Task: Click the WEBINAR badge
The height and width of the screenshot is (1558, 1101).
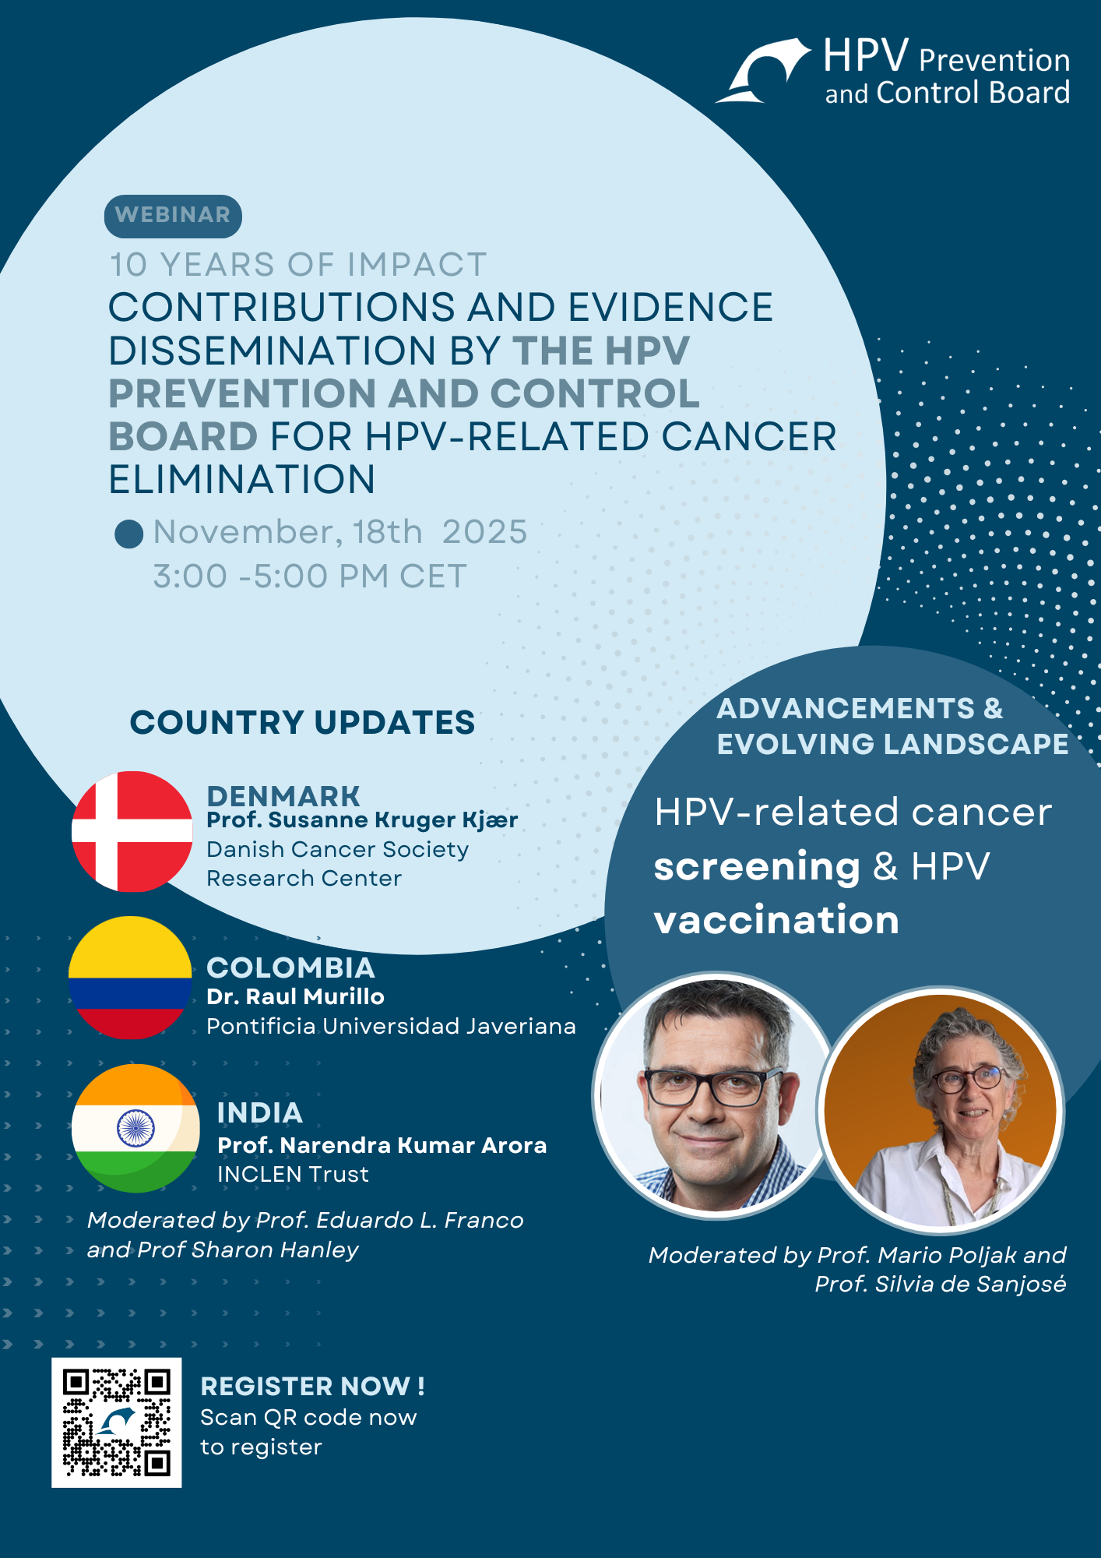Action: click(x=173, y=216)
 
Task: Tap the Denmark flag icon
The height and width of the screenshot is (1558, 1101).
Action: click(x=132, y=831)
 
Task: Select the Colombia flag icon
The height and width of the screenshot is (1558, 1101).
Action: click(x=130, y=978)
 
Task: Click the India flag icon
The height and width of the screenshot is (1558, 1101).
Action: click(x=135, y=1128)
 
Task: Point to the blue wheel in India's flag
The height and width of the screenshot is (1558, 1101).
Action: click(x=135, y=1128)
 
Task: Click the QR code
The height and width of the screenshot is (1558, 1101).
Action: click(x=117, y=1422)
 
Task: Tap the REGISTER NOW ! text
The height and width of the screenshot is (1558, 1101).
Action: click(x=312, y=1387)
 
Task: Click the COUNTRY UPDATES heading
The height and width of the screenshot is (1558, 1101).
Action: click(x=302, y=722)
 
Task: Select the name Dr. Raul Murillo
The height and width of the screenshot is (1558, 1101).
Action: click(x=295, y=996)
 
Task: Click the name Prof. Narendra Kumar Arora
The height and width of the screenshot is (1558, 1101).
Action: click(x=382, y=1145)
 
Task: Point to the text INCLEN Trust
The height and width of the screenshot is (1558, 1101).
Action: click(x=293, y=1174)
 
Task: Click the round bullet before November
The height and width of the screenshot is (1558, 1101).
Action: click(x=128, y=534)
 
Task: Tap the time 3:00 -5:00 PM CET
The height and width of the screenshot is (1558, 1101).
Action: click(x=310, y=576)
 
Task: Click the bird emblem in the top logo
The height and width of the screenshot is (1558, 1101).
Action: click(x=763, y=70)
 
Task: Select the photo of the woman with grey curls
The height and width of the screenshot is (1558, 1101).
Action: click(x=941, y=1110)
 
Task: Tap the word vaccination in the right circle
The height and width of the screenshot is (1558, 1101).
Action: click(x=776, y=920)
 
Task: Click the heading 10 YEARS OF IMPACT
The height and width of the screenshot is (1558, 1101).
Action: click(x=298, y=265)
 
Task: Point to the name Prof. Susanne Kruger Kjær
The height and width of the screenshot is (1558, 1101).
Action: click(x=362, y=820)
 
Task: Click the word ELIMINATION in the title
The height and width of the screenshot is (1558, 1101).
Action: click(x=242, y=479)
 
